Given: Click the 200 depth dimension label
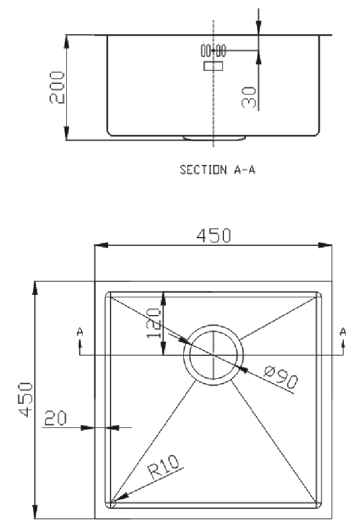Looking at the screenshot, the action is [57, 87].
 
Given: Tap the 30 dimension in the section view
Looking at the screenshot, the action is [249, 98].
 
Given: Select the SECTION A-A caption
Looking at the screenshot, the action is [217, 169].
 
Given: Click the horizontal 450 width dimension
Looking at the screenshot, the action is [214, 235].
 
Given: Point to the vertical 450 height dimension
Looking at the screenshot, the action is [26, 400].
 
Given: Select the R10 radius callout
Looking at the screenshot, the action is [164, 467].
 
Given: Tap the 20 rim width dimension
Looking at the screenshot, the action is [56, 418].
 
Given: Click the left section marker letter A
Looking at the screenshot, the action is [80, 332].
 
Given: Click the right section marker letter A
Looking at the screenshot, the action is [343, 332].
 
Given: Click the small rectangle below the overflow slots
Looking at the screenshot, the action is [213, 66].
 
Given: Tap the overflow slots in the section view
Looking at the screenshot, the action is [213, 51].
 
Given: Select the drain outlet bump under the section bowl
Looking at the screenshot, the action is [214, 138].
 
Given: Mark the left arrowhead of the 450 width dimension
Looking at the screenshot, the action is [101, 245].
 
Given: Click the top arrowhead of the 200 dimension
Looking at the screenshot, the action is [67, 42].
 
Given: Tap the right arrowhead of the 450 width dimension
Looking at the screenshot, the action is [325, 245].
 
